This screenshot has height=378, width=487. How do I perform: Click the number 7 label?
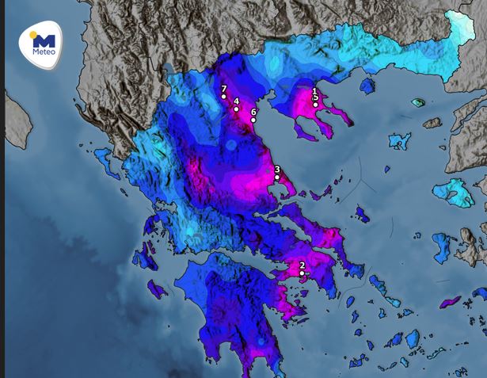[224, 89]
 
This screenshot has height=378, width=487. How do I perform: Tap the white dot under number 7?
[224, 97]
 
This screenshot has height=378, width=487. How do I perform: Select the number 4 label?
[236, 101]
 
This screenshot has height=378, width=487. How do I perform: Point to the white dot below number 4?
[236, 109]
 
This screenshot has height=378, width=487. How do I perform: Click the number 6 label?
[253, 112]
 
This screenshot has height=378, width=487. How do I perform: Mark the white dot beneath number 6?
[253, 120]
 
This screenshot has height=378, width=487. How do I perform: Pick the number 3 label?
[277, 169]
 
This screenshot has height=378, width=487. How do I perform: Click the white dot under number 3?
[277, 178]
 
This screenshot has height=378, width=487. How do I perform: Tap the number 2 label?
[302, 265]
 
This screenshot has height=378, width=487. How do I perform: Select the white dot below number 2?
[302, 273]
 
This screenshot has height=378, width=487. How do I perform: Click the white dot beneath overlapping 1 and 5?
[315, 105]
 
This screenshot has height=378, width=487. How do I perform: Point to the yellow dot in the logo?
[33, 36]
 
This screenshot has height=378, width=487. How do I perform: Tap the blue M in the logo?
[45, 40]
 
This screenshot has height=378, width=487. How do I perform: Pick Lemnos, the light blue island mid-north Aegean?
[400, 142]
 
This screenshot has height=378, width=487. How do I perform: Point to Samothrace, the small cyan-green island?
[417, 103]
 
